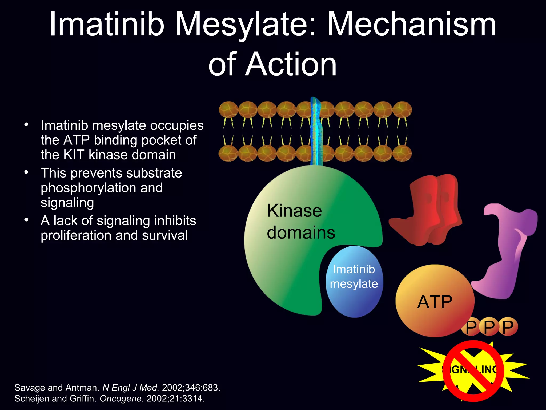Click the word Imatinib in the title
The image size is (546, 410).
point(107,25)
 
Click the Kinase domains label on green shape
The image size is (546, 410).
point(301,222)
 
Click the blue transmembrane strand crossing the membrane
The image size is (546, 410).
point(316,131)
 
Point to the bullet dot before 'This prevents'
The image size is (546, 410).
point(26,172)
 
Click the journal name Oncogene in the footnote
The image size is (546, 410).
point(121,399)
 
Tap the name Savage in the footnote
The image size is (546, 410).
point(30,388)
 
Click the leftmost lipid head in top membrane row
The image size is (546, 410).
point(228,109)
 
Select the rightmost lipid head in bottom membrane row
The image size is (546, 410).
point(402,154)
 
